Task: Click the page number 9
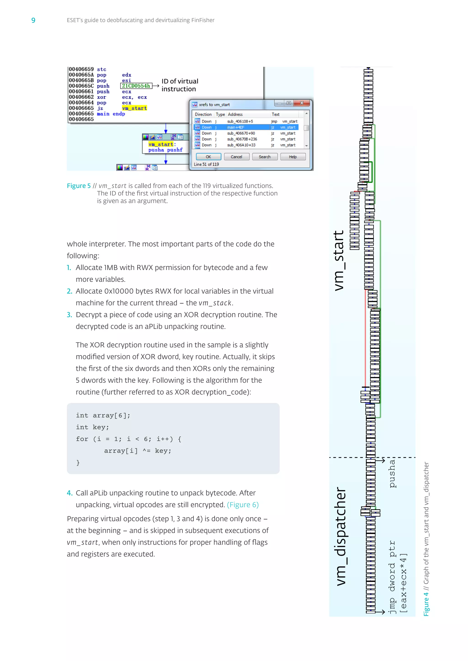pos(33,20)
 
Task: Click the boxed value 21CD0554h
pos(136,86)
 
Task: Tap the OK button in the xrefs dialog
pos(208,157)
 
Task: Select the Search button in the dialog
pos(265,157)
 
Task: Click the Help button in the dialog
pos(292,157)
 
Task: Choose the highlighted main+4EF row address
pos(235,127)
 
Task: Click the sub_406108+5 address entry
pos(240,121)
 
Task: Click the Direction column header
pos(203,114)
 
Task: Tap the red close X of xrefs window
pos(302,103)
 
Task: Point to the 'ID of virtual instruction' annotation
pos(180,85)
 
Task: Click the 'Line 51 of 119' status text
pos(206,164)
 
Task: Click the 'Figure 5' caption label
pos(79,186)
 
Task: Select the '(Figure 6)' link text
pos(243,505)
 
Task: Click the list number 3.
pos(69,315)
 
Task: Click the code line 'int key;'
pos(92,427)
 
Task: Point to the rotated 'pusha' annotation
pos(392,474)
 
